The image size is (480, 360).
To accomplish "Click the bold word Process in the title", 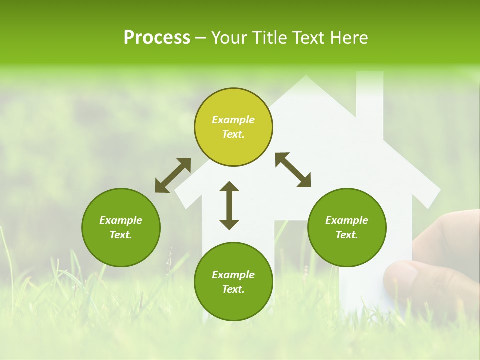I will [157, 38].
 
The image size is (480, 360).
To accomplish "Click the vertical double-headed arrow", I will [229, 205].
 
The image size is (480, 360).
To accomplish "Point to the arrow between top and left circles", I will [173, 175].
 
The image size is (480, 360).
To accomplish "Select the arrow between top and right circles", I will [293, 170].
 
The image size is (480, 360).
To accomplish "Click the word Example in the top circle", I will [233, 120].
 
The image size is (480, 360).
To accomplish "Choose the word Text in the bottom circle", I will [233, 289].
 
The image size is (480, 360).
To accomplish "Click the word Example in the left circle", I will [121, 220].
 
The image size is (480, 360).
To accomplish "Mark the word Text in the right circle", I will [347, 235].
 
